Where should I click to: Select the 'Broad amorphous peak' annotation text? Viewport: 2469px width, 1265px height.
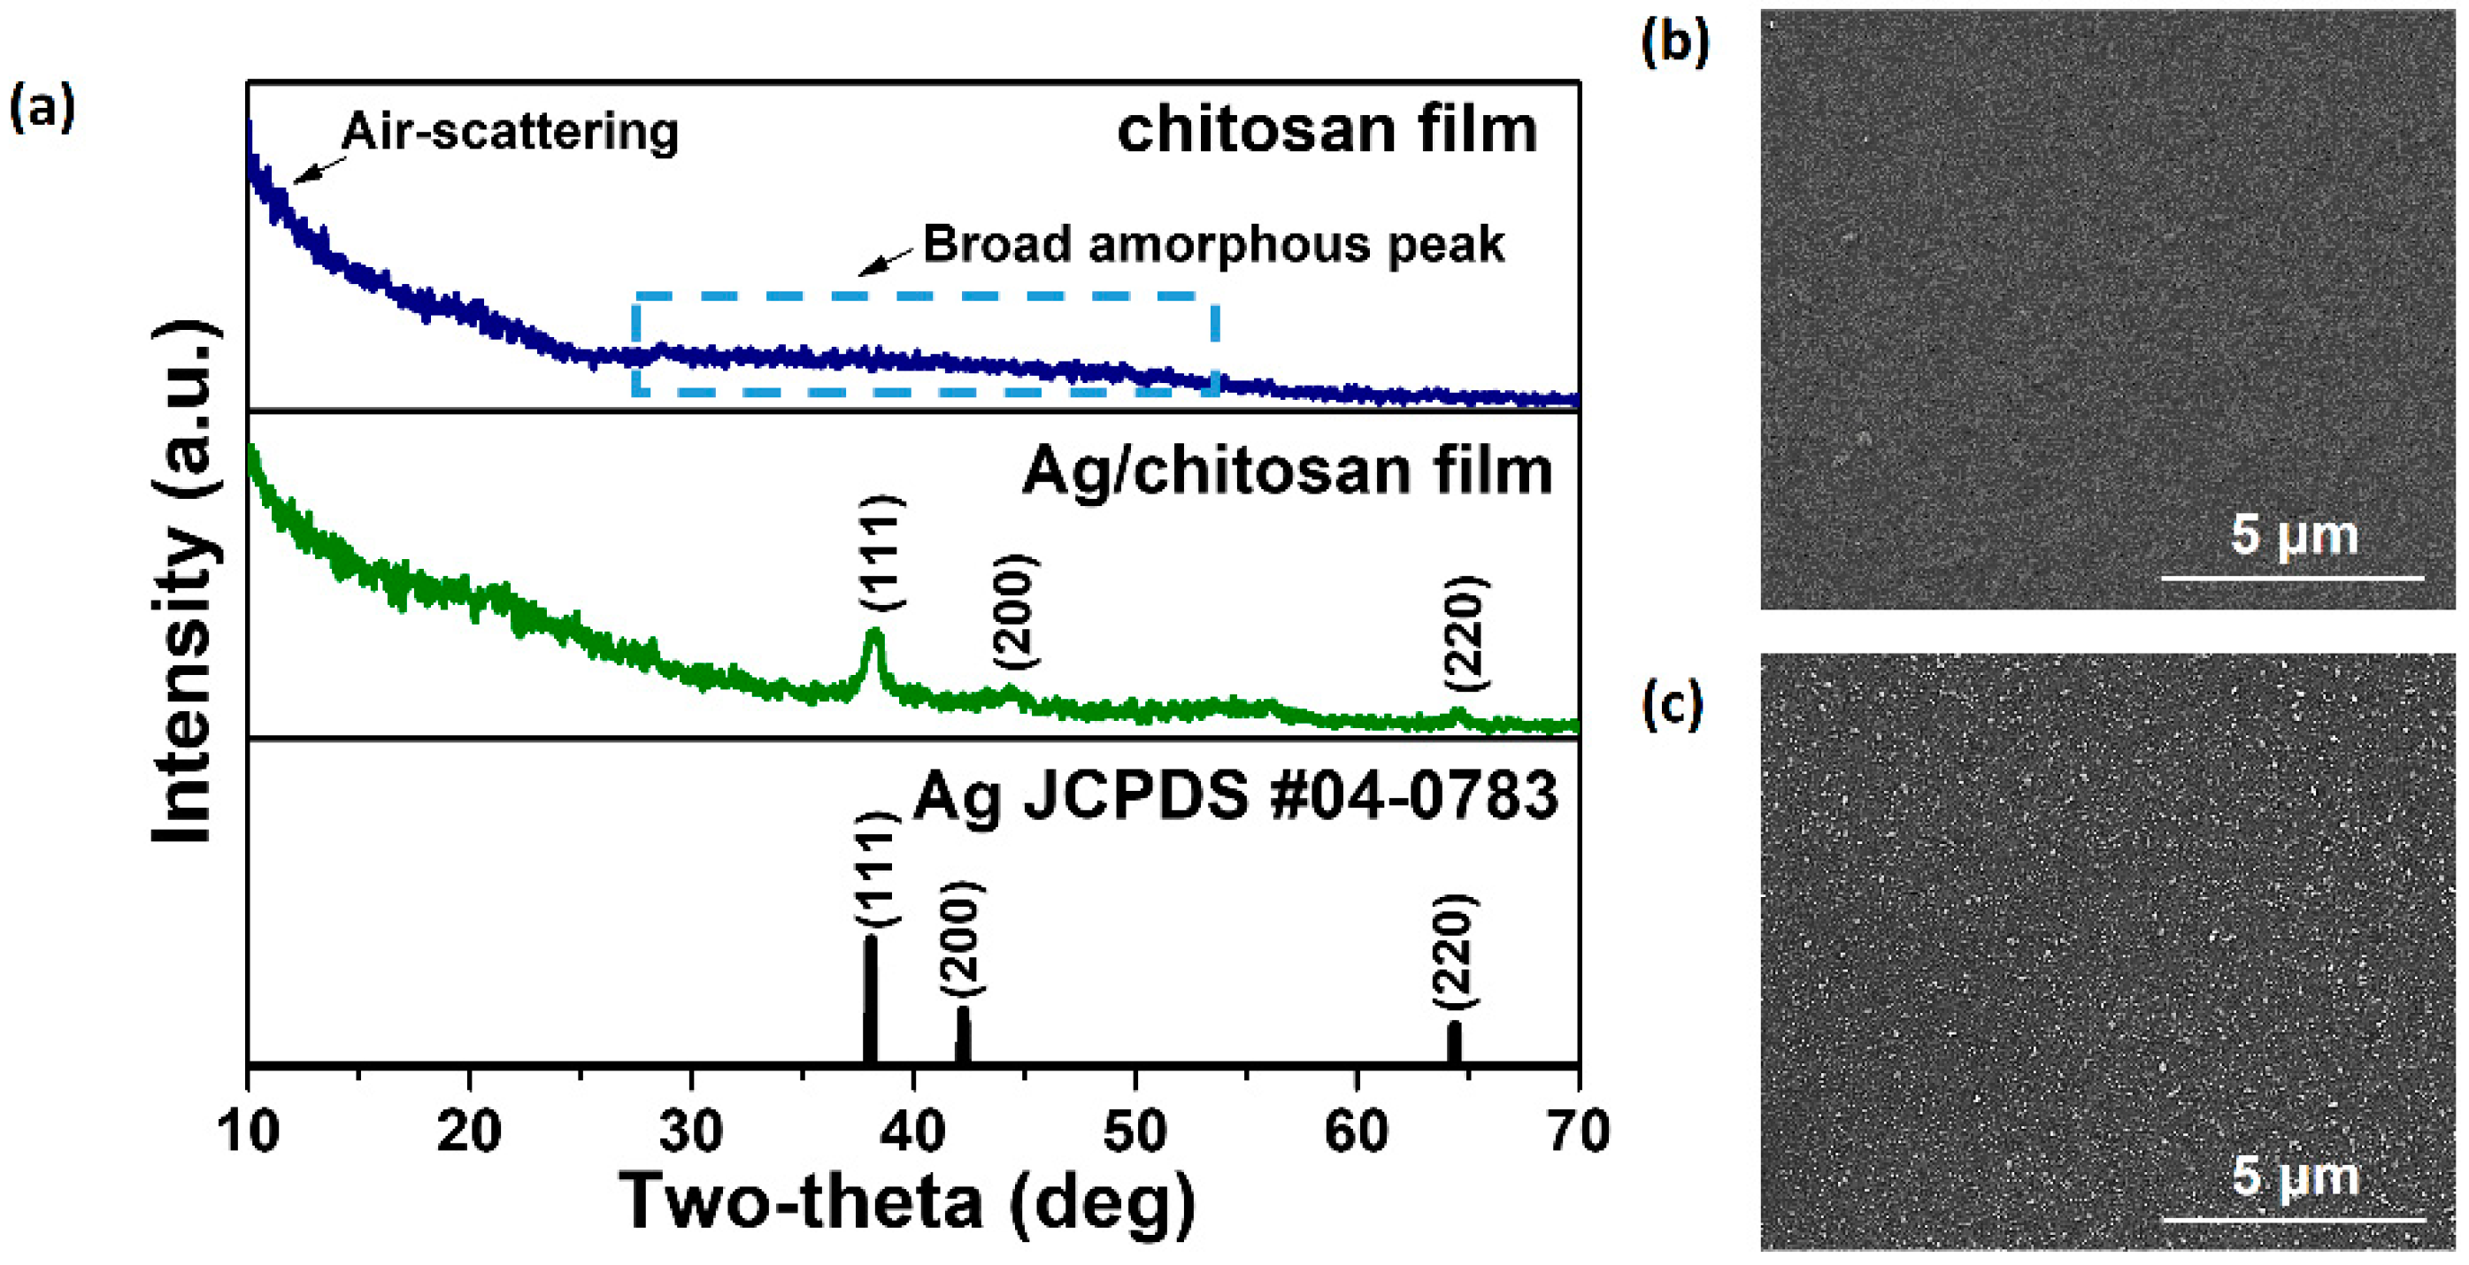pyautogui.click(x=1212, y=244)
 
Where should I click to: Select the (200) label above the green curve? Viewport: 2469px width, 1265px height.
pyautogui.click(x=1015, y=611)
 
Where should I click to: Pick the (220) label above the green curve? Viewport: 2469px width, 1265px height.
pyautogui.click(x=1466, y=633)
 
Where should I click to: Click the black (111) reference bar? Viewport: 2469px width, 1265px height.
pyautogui.click(x=870, y=999)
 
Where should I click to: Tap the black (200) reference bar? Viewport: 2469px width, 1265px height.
pyautogui.click(x=963, y=1033)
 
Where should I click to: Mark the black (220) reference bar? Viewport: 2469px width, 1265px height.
pyautogui.click(x=1454, y=1042)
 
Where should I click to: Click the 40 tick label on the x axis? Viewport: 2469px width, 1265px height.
pyautogui.click(x=913, y=1131)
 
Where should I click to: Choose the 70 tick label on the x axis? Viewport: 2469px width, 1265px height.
pyautogui.click(x=1579, y=1131)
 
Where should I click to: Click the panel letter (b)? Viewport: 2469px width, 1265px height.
pyautogui.click(x=1674, y=42)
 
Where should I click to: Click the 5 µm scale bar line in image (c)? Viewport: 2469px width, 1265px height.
pyautogui.click(x=2293, y=1219)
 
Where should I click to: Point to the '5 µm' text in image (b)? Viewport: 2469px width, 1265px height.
pyautogui.click(x=2294, y=533)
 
